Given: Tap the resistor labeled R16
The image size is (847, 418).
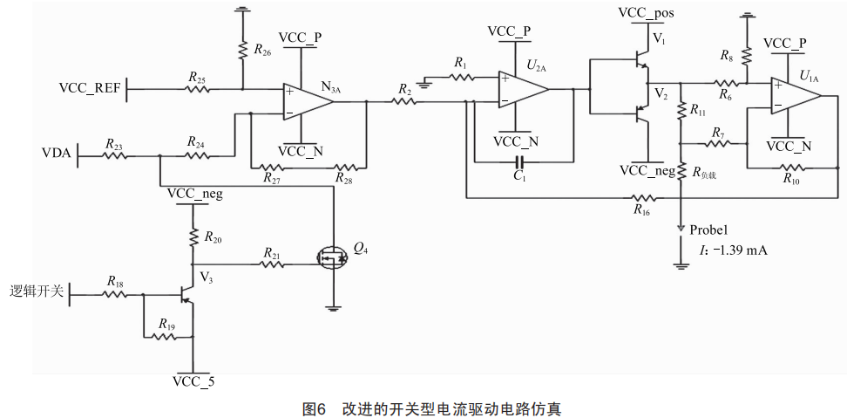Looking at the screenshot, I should click(x=641, y=197).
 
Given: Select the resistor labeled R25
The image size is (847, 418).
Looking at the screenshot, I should click(x=198, y=88).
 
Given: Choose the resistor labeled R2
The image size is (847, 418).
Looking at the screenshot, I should click(x=404, y=101).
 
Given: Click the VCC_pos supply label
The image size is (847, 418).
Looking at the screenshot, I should click(x=646, y=13).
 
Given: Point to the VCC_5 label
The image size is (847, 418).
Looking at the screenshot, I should click(x=193, y=381).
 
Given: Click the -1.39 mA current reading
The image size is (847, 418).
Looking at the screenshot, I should click(x=739, y=250).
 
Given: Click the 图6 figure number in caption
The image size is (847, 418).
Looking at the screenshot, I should click(x=313, y=408).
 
